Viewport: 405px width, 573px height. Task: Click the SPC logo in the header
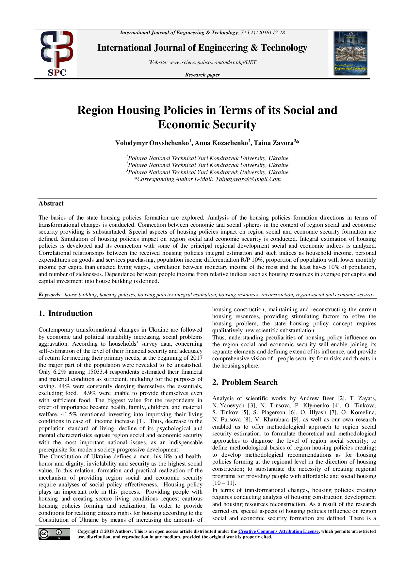click(57, 54)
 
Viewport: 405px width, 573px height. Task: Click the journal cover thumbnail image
click(350, 53)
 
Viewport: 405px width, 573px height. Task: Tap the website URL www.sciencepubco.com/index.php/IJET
click(213, 62)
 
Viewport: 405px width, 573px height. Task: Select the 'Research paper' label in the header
click(202, 75)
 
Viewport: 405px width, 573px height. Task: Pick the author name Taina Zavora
click(274, 143)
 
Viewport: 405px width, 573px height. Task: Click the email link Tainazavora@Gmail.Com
click(248, 179)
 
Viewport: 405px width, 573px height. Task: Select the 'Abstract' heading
click(51, 204)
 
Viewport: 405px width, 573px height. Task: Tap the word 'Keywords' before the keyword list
click(49, 295)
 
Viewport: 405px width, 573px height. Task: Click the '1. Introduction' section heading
click(65, 314)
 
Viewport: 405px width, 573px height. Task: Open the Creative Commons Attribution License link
click(278, 532)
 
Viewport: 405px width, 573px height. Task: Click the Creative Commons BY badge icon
click(54, 534)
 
